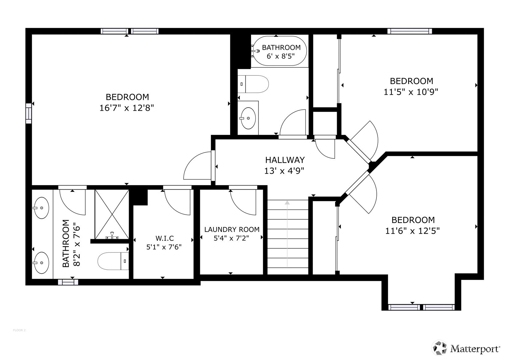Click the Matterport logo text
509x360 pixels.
click(474, 349)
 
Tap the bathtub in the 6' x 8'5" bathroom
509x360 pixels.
click(280, 51)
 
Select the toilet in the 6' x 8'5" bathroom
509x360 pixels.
click(253, 84)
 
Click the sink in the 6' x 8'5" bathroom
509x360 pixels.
click(248, 118)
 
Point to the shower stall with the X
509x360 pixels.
click(112, 214)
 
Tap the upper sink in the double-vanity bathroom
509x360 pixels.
click(41, 208)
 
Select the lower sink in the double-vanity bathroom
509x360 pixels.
click(41, 263)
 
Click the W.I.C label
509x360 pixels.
click(164, 238)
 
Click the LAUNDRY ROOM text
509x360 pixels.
click(232, 229)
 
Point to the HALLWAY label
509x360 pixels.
click(285, 160)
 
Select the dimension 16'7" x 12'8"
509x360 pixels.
click(127, 108)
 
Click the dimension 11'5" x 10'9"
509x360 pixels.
click(411, 92)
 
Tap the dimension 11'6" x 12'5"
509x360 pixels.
click(413, 231)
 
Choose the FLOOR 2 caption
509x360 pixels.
click(19, 330)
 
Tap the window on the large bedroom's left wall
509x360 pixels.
click(28, 114)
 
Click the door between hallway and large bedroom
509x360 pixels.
click(198, 165)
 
